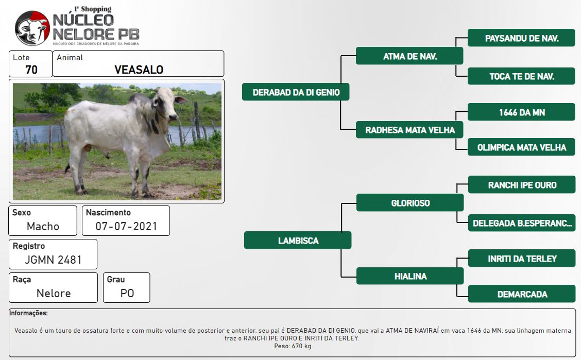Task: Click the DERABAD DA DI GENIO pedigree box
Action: coord(296,92)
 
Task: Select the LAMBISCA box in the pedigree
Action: coord(298,241)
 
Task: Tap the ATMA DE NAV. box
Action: coord(409,56)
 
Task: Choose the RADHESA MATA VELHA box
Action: coord(409,130)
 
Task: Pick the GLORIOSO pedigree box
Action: coord(410,202)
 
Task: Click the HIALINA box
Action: coord(410,276)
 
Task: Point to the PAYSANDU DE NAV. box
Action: coord(521,38)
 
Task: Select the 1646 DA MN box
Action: coord(521,112)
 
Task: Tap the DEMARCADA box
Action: coord(522,294)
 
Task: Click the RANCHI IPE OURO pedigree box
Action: coord(522,184)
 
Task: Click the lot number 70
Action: coord(31,70)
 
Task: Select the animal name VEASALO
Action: coord(139,70)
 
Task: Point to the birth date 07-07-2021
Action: coord(126,226)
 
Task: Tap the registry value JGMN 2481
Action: coord(53,260)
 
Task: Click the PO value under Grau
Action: coord(127,294)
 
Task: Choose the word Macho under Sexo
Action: coord(43,226)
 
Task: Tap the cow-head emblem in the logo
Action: coord(32,28)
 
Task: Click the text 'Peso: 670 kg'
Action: coord(293,346)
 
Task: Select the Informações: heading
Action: coord(28,313)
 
